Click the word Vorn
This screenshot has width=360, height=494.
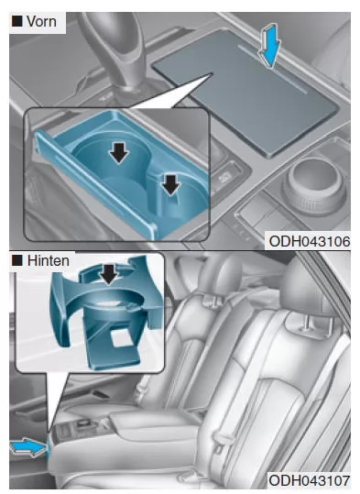(41, 21)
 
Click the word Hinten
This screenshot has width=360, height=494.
(49, 260)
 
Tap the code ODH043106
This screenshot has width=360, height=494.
(310, 242)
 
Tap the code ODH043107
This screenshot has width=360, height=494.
(310, 481)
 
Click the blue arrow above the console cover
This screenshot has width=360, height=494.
(269, 46)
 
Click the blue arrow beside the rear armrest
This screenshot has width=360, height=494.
(29, 447)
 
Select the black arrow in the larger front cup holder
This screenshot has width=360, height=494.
(119, 153)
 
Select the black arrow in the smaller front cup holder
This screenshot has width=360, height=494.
(170, 185)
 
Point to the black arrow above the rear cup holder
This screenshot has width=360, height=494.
(109, 274)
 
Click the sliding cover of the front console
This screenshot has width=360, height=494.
(245, 92)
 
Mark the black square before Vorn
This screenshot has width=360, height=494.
(17, 21)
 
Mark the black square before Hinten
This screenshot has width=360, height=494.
(17, 260)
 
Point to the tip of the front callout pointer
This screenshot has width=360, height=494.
(213, 73)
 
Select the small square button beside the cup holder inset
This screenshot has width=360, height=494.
(224, 179)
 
